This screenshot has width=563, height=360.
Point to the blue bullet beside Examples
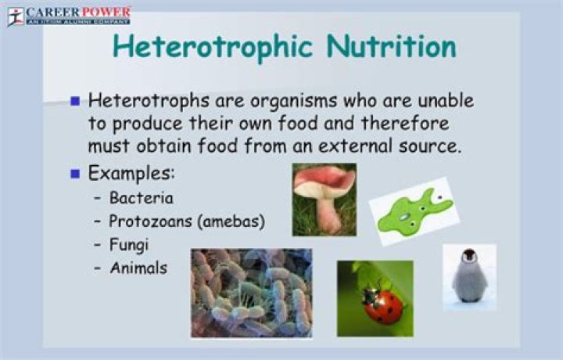click(76, 173)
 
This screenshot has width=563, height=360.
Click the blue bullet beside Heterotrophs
click(76, 102)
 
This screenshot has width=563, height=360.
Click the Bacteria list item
click(142, 198)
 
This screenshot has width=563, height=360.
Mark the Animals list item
click(139, 268)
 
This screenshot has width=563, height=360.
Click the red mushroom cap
click(324, 183)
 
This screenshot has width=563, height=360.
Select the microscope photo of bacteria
click(251, 293)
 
